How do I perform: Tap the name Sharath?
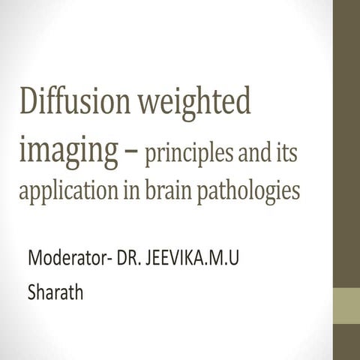click(x=55, y=291)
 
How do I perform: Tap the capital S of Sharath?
click(x=31, y=291)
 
